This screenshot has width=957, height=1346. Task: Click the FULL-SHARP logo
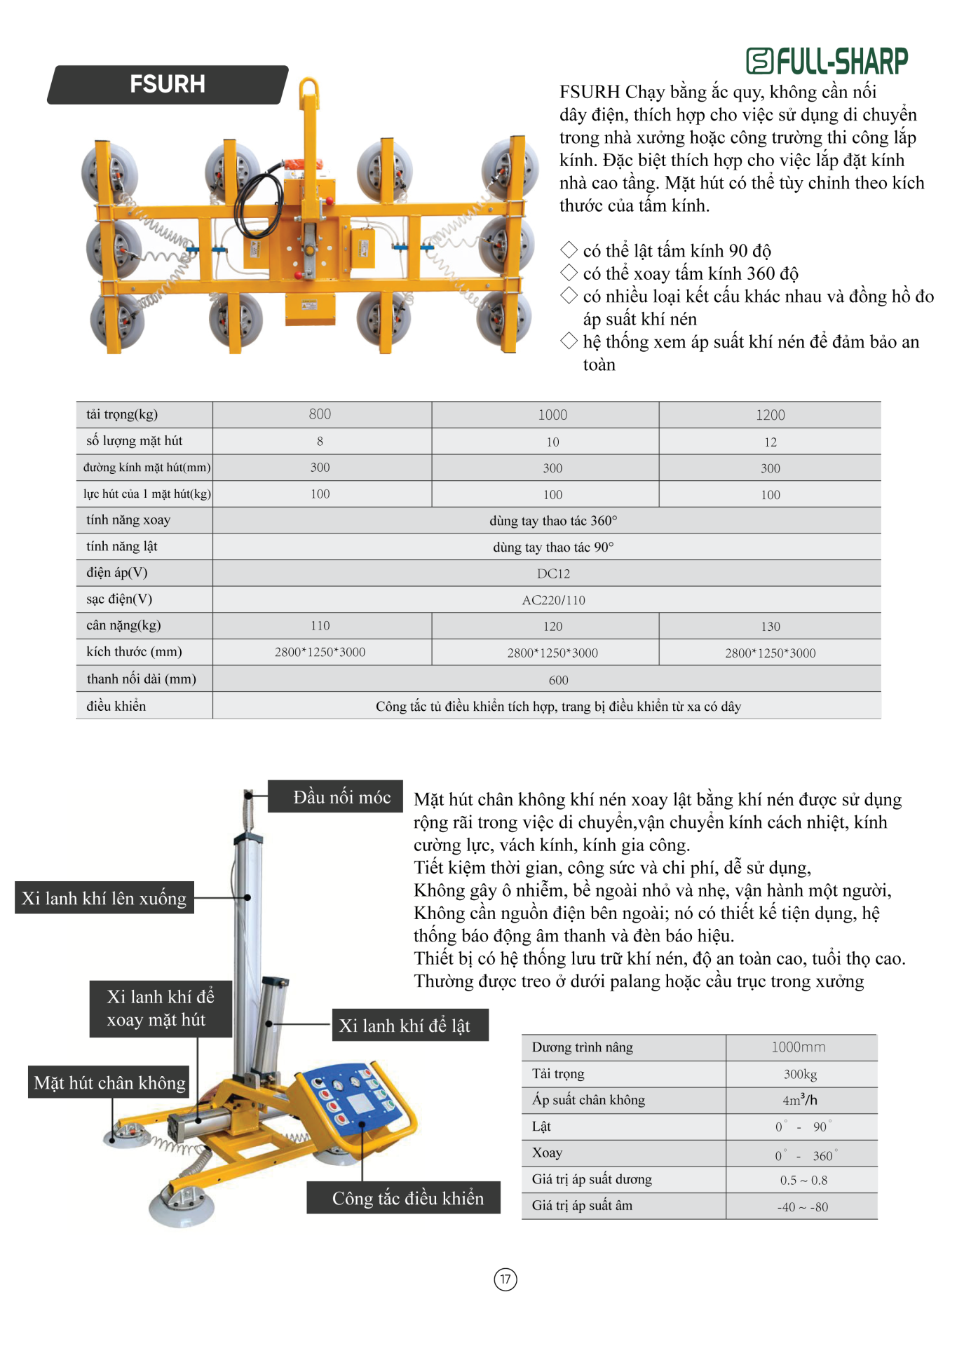(827, 61)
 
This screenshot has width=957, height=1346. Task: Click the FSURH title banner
(168, 85)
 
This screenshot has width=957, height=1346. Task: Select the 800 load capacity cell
(320, 414)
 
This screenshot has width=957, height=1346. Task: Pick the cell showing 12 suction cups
(770, 442)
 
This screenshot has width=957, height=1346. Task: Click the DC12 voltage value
(553, 573)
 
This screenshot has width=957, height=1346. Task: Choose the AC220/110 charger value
(553, 600)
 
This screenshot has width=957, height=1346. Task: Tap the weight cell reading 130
(770, 626)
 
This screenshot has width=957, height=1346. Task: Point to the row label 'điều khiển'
(116, 706)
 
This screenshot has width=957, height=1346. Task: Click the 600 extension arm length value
(558, 680)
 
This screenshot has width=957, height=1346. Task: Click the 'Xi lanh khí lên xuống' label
(104, 898)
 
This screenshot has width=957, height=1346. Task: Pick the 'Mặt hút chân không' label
(110, 1083)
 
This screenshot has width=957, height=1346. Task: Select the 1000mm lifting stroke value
(799, 1047)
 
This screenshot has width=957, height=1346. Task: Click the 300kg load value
(800, 1074)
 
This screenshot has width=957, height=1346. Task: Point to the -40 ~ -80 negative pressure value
(802, 1207)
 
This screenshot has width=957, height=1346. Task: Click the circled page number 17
(505, 1279)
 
